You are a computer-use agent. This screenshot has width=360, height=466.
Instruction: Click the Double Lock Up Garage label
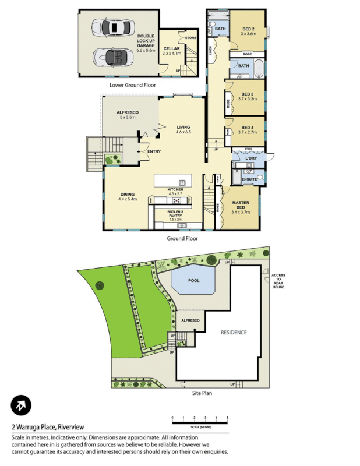click(145, 41)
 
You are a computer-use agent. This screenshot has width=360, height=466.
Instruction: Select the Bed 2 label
click(248, 31)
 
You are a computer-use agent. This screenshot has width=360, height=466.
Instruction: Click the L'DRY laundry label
click(252, 158)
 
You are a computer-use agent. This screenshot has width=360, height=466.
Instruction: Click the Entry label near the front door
click(154, 151)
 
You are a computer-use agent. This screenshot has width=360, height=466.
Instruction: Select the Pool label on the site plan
click(194, 280)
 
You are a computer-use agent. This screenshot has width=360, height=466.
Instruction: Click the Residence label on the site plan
click(233, 332)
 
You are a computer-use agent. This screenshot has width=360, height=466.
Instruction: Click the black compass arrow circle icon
click(21, 405)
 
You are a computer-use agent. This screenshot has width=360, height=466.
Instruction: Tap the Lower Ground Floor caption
click(133, 84)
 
